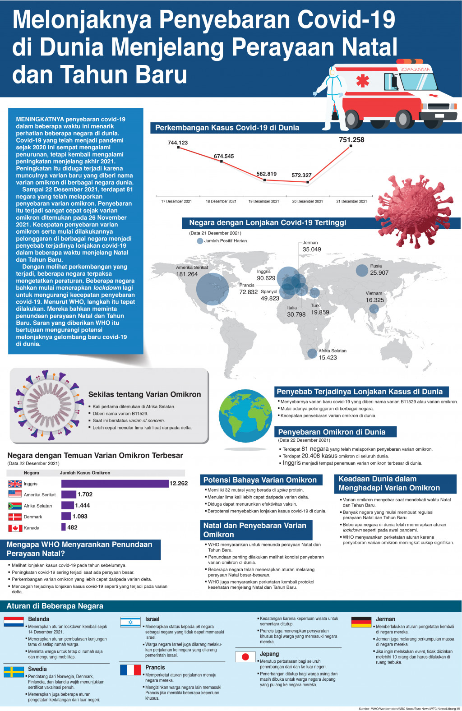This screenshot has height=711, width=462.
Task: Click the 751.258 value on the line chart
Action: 351,140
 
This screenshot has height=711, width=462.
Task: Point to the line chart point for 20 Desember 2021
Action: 308,182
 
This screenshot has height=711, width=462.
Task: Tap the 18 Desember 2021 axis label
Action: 221,201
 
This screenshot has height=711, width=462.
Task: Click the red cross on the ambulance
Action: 362,81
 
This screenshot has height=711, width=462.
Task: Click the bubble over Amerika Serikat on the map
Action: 213,289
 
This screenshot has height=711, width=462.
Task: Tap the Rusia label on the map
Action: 376,266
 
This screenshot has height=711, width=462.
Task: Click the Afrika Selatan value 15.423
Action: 328,358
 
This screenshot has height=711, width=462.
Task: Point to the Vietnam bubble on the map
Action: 374,309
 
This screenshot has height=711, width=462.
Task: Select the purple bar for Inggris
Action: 115,484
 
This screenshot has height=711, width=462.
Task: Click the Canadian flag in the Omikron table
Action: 15,528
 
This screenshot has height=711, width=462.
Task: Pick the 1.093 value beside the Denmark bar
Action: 80,517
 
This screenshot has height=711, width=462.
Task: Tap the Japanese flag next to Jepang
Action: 245,657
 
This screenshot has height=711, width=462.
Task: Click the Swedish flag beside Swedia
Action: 14,672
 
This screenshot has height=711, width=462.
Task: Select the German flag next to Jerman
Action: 361,622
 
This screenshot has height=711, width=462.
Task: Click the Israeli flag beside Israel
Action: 130,622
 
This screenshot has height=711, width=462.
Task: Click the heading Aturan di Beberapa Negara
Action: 55,606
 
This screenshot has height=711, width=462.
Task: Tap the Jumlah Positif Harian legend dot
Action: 200,241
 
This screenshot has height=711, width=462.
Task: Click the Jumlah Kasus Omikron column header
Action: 85,473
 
